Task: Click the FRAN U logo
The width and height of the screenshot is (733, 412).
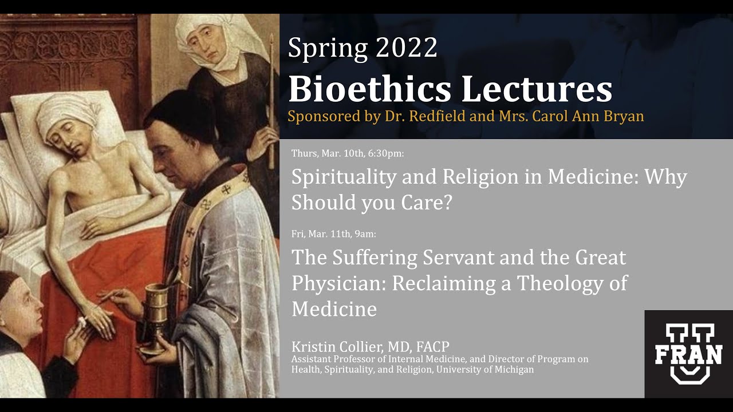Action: [x=688, y=354]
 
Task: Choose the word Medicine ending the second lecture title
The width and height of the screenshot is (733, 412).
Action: [x=334, y=309]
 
